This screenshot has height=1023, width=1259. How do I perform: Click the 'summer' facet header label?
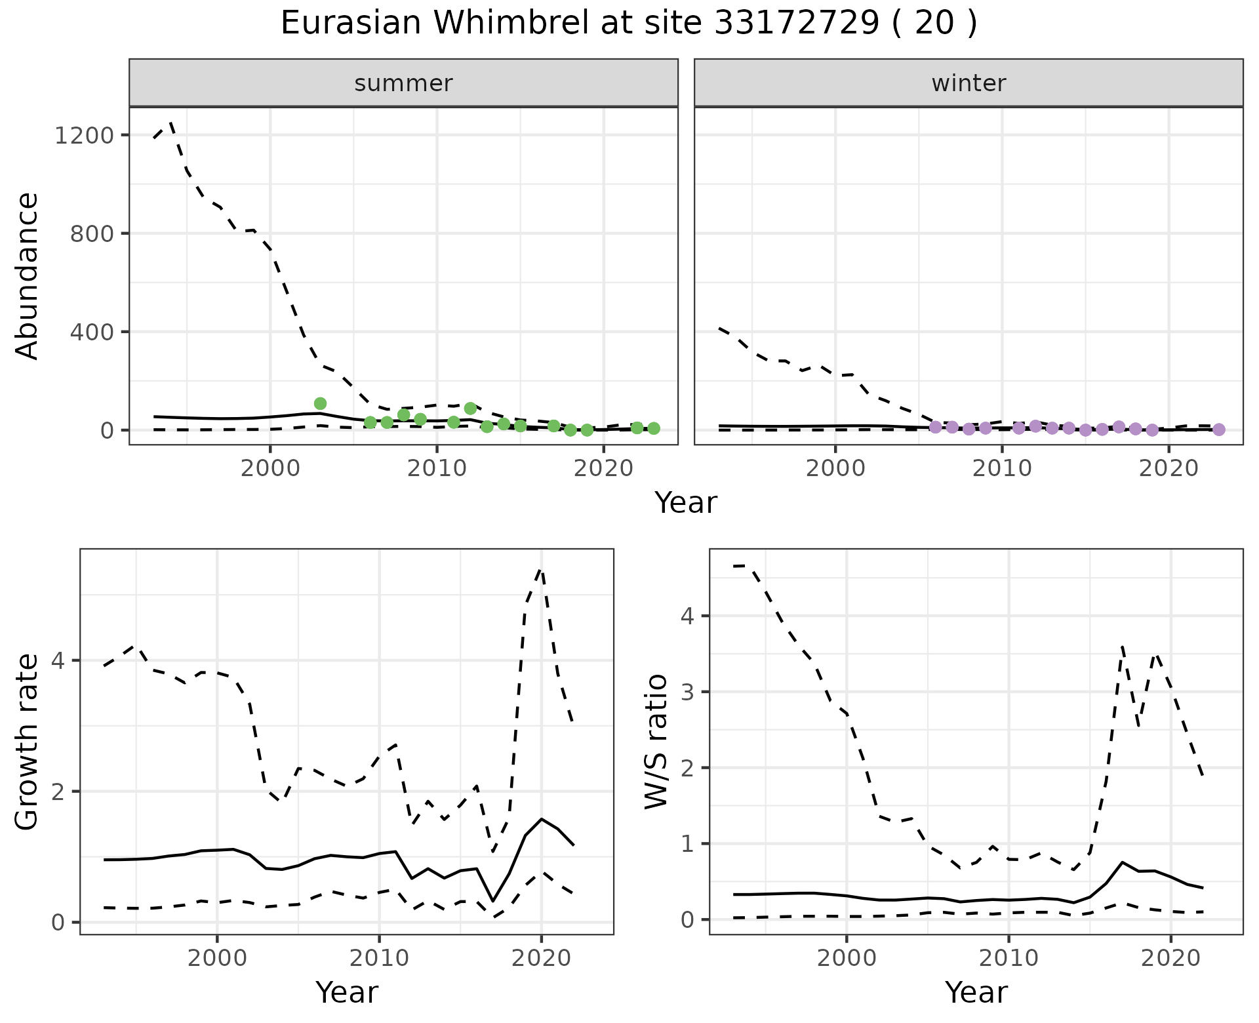click(403, 83)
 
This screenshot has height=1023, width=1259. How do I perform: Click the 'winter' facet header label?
click(969, 83)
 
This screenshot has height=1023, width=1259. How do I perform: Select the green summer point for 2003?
click(320, 403)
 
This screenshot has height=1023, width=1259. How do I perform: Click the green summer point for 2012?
click(470, 409)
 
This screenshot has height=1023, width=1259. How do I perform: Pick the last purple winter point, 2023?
click(1218, 430)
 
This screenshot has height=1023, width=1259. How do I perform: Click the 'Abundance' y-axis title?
click(28, 275)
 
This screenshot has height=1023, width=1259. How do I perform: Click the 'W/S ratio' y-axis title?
click(656, 742)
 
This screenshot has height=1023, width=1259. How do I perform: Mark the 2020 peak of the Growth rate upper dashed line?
click(541, 570)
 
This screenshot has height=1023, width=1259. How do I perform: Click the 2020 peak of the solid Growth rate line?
click(541, 818)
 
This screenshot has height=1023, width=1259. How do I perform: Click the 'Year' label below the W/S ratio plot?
click(976, 992)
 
